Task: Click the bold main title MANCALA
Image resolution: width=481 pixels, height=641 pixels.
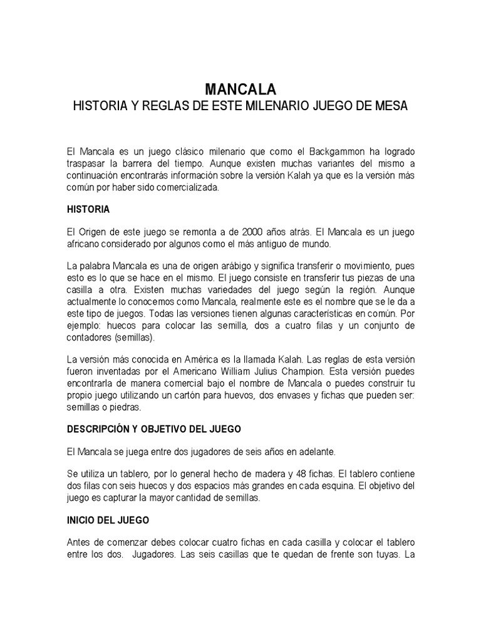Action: point(240,89)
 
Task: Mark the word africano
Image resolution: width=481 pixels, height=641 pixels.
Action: point(88,244)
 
